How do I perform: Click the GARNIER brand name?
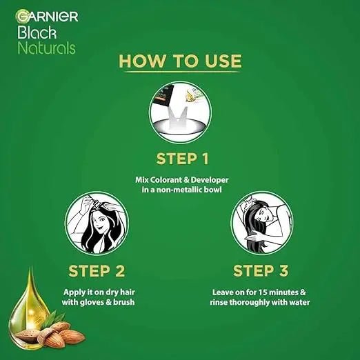[x=48, y=16]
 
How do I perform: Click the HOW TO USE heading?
[x=181, y=61]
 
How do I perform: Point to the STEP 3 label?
[x=261, y=269]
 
